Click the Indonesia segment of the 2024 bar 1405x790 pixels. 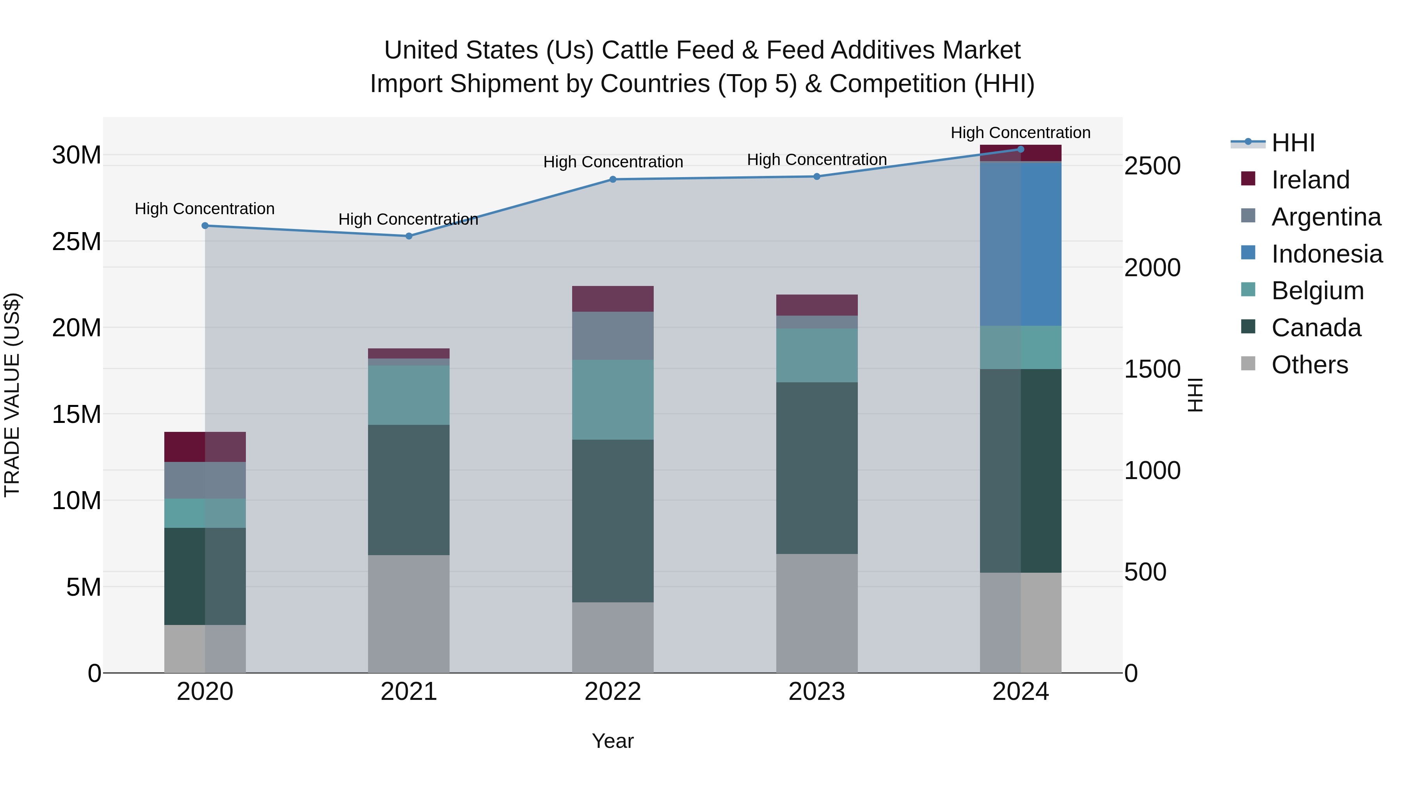1021,244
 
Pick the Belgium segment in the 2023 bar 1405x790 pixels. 816,355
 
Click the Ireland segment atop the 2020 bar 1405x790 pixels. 205,447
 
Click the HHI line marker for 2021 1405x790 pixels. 409,236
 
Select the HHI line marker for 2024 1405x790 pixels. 1021,149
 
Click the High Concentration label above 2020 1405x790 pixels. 205,209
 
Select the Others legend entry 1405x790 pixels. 1309,365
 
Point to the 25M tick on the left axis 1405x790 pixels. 76,241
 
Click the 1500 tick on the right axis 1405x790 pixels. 1152,369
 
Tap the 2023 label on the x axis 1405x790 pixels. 816,692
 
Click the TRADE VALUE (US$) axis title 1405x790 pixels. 12,395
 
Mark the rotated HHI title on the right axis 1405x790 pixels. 1195,395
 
